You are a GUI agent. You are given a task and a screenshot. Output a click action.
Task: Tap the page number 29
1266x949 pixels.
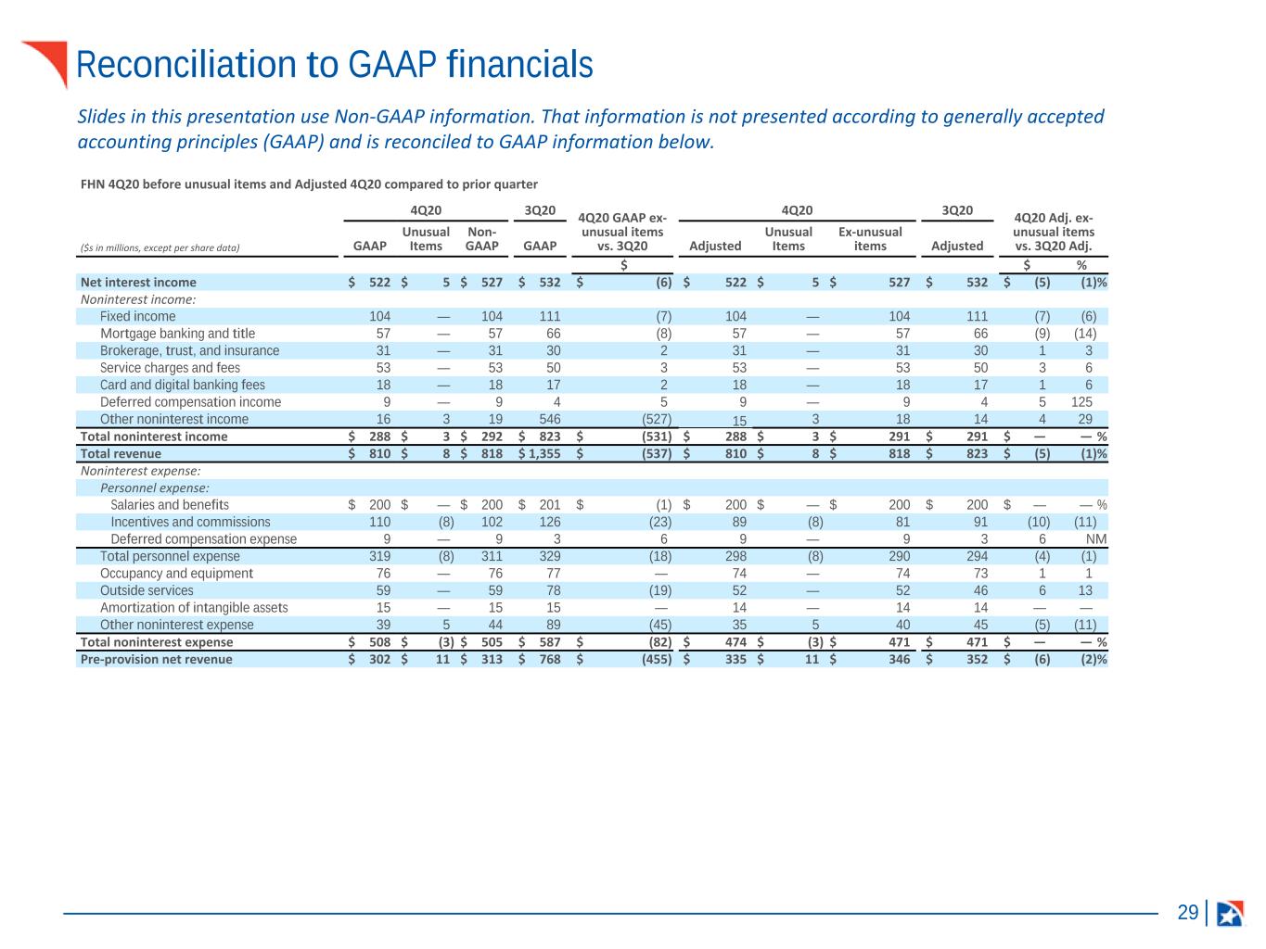tap(1187, 912)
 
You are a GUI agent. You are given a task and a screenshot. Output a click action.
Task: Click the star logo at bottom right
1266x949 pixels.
tap(1230, 913)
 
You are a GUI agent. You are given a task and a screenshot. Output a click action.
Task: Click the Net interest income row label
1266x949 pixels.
tap(138, 283)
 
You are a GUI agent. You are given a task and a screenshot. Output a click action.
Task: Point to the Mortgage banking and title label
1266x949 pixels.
tap(178, 334)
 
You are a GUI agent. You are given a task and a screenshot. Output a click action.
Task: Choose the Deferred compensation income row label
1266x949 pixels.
tap(190, 402)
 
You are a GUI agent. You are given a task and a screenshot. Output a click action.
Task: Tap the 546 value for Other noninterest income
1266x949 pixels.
tap(550, 420)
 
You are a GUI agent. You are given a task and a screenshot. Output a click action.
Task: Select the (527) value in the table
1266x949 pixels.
tap(657, 420)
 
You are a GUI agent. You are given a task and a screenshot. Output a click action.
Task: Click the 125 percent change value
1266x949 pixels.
tap(1081, 402)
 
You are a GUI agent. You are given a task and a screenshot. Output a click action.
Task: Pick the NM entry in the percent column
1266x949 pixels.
tap(1096, 539)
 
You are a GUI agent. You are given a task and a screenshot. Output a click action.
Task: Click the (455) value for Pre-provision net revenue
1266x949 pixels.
tap(657, 659)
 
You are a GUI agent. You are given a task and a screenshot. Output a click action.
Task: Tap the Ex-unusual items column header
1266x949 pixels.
tap(870, 239)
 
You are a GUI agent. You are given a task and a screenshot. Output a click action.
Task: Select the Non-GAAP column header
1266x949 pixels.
tap(481, 239)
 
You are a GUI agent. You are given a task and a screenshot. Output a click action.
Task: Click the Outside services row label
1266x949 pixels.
tap(147, 590)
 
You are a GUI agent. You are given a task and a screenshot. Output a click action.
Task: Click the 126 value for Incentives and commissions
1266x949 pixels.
tap(550, 522)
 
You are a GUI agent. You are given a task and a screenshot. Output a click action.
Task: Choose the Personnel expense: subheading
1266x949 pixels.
tap(155, 488)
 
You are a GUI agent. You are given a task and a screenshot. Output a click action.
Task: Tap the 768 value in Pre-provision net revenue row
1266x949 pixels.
tap(550, 659)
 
